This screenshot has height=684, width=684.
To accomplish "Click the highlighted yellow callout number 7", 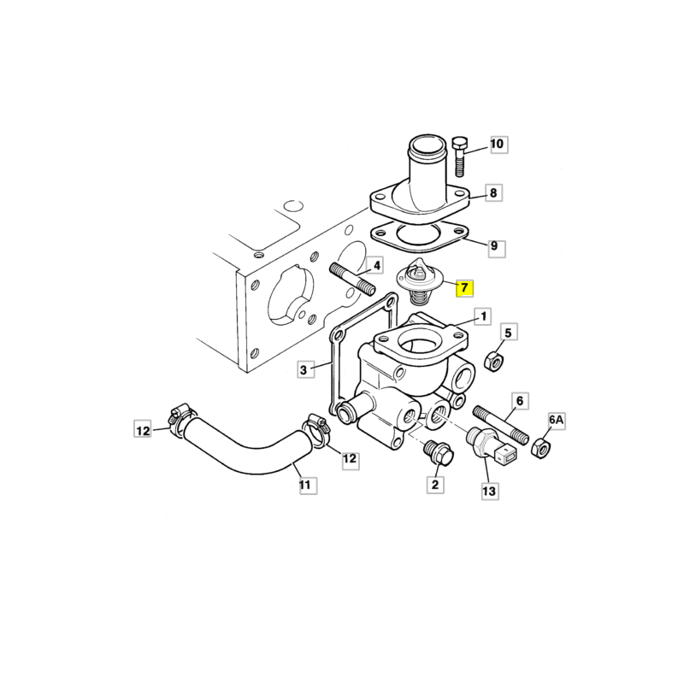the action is pyautogui.click(x=464, y=288).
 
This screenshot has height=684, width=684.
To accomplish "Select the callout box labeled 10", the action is pyautogui.click(x=498, y=144).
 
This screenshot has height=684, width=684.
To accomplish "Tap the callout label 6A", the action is pyautogui.click(x=557, y=421).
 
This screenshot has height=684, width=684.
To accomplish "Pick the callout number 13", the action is pyautogui.click(x=489, y=491).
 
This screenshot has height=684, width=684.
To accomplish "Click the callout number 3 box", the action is pyautogui.click(x=305, y=370).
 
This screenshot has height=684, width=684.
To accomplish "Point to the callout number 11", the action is pyautogui.click(x=308, y=485).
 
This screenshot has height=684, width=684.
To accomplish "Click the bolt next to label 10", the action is pyautogui.click(x=459, y=156).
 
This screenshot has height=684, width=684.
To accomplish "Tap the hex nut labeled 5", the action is pyautogui.click(x=494, y=361).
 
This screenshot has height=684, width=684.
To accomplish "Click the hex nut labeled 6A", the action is pyautogui.click(x=541, y=447).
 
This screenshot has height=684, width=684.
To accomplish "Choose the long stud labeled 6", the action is pyautogui.click(x=501, y=424).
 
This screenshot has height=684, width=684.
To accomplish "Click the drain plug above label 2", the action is pyautogui.click(x=439, y=452).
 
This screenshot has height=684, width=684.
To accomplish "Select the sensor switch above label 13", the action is pyautogui.click(x=492, y=445).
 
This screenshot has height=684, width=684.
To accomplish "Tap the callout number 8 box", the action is pyautogui.click(x=493, y=193).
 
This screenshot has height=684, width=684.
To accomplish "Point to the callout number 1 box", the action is pyautogui.click(x=483, y=316).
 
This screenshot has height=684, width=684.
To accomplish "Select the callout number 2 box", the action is pyautogui.click(x=435, y=484).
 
